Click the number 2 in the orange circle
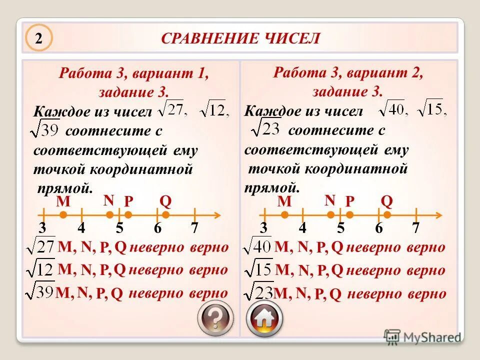coord(37,39)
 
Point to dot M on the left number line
coord(63,215)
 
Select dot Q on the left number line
coord(166,215)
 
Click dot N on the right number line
coord(330,215)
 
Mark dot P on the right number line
coord(350,215)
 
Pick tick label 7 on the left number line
coord(194,228)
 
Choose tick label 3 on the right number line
coord(263,228)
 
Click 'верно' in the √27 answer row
coord(209,247)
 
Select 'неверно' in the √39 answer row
coord(156,293)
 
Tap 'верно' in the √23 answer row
coord(425,294)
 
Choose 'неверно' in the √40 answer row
coord(373,247)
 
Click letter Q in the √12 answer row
coord(119,270)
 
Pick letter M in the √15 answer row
coord(283,270)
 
